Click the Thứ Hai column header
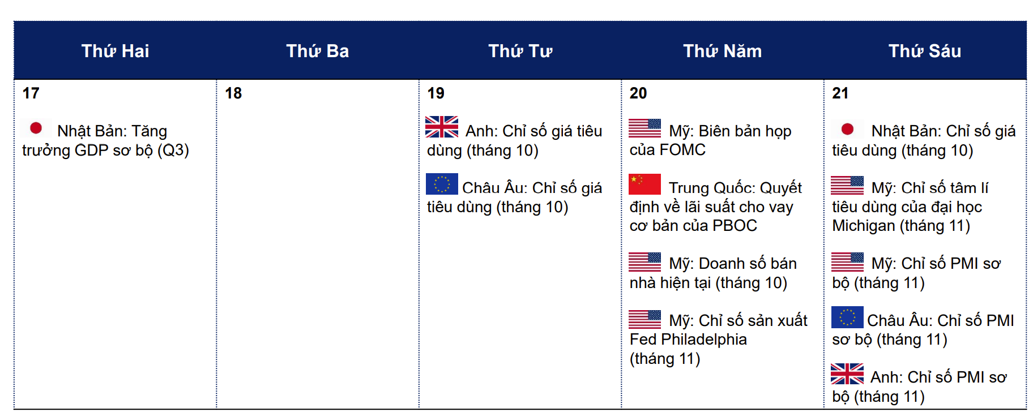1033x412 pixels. [115, 51]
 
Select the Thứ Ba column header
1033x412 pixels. [317, 51]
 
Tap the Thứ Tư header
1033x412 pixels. [520, 51]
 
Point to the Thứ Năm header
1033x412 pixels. [722, 51]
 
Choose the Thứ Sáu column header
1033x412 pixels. [924, 51]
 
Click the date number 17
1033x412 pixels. [31, 93]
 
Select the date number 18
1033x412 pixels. [233, 93]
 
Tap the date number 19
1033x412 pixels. [436, 93]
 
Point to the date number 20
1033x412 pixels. [638, 93]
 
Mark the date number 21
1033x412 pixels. [840, 93]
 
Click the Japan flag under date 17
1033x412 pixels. [36, 128]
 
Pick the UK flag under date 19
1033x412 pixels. [442, 127]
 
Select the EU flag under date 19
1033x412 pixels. [442, 184]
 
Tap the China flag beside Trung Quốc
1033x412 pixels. [644, 184]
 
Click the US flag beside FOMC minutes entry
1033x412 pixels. [644, 128]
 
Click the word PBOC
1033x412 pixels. [735, 226]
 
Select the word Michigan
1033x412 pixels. [864, 226]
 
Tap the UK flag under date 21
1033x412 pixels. [847, 374]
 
